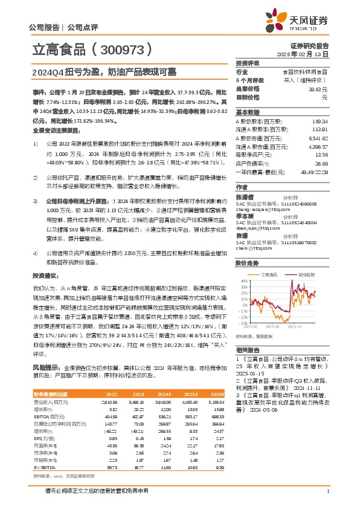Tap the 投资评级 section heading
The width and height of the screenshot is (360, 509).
tap(248, 63)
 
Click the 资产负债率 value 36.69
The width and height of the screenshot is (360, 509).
tap(320, 163)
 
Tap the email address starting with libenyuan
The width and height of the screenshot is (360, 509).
tap(255, 211)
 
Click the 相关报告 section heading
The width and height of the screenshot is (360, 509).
tap(248, 351)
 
